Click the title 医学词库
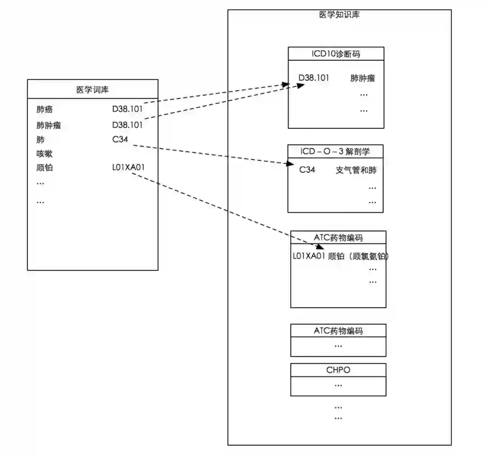(92, 90)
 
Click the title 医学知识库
(339, 15)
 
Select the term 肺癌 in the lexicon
(45, 110)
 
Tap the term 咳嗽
(45, 154)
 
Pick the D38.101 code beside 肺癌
(128, 110)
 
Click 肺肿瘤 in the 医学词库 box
(49, 125)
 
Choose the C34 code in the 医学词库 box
(120, 140)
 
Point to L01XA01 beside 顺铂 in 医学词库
(129, 168)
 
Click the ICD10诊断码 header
(336, 54)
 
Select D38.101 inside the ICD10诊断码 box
(314, 78)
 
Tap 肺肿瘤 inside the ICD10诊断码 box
(363, 78)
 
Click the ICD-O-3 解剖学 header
(335, 151)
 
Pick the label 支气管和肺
(356, 170)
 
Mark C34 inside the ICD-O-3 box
(307, 170)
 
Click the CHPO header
(338, 370)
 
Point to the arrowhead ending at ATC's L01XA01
(321, 247)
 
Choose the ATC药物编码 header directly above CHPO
(338, 331)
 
